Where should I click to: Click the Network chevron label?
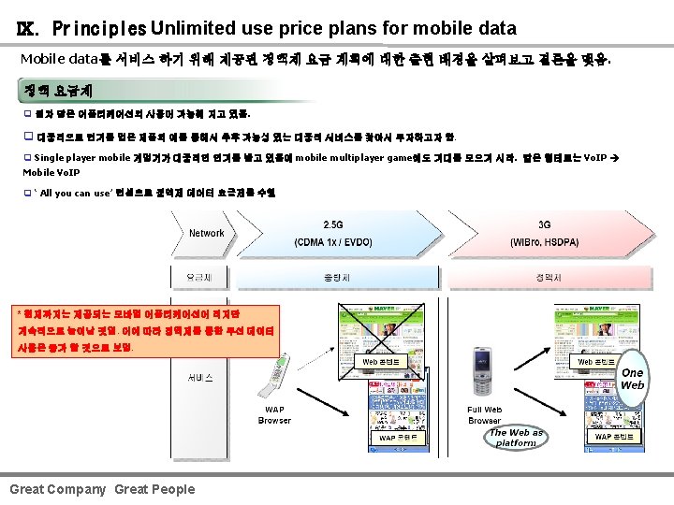tap(207, 233)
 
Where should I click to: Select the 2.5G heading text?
tap(333, 225)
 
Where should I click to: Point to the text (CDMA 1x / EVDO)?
tap(334, 242)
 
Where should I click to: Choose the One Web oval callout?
tap(632, 379)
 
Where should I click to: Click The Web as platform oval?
tap(516, 438)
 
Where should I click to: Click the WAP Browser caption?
tap(274, 415)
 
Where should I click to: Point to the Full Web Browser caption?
tap(484, 415)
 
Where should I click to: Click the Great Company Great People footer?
tap(102, 489)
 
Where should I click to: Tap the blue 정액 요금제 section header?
tap(58, 91)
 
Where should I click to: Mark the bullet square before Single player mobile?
tap(27, 158)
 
